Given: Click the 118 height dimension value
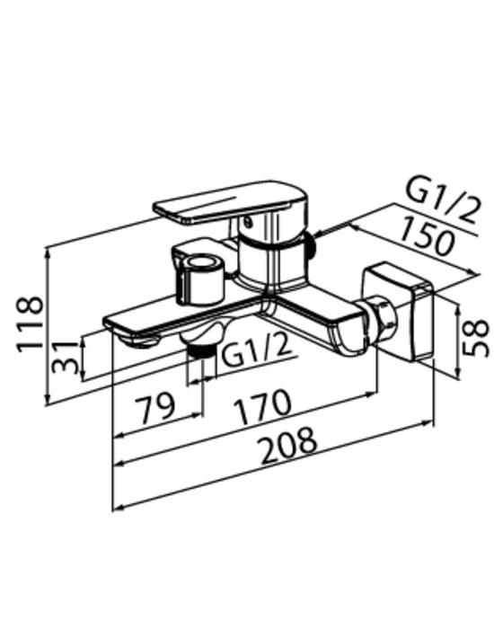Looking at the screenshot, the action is [30, 324].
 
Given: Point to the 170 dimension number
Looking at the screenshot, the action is [262, 406].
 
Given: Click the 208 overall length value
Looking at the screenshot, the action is [289, 446].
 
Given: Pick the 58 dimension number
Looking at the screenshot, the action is [475, 338].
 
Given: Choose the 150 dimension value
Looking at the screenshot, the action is [428, 235].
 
